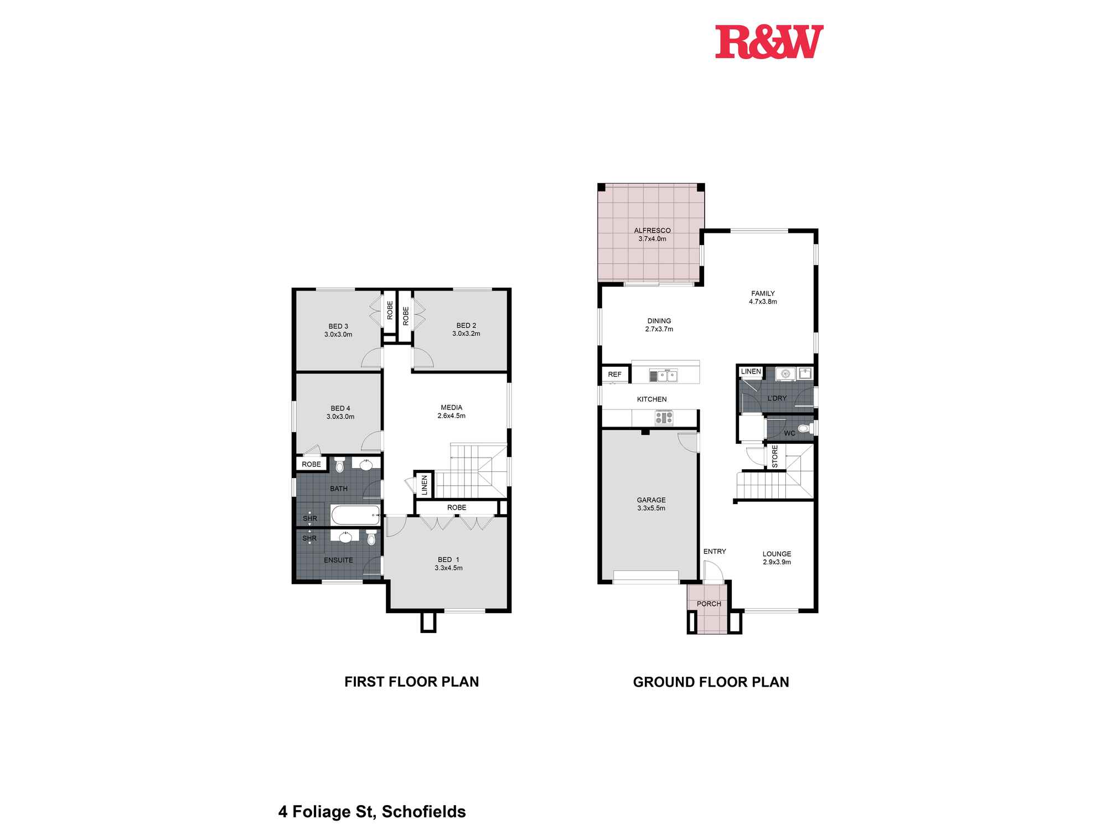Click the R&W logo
(x=769, y=42)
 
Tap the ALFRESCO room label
(x=652, y=235)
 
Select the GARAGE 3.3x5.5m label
(x=651, y=504)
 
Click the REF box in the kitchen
(x=614, y=375)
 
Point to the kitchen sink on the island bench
(x=663, y=376)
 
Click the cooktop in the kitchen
(x=664, y=417)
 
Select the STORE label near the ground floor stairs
(x=775, y=456)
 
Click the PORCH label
(x=708, y=604)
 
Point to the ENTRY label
(x=714, y=551)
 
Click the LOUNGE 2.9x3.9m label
(x=777, y=558)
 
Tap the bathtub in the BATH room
(x=355, y=515)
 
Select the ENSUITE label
(x=338, y=560)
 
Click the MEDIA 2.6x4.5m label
(x=451, y=412)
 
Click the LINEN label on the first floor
(x=425, y=485)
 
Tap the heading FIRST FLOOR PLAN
(x=411, y=682)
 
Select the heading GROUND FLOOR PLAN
(x=711, y=682)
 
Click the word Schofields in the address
(x=423, y=812)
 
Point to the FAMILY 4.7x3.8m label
(x=763, y=298)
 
